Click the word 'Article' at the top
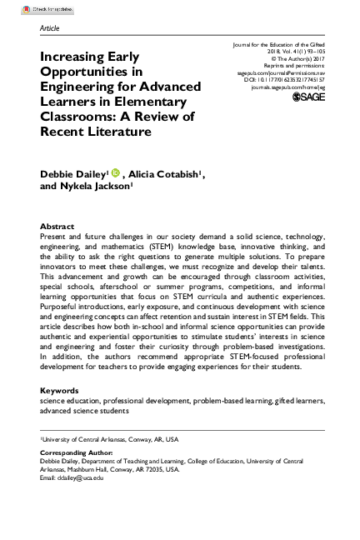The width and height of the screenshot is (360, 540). tap(50, 27)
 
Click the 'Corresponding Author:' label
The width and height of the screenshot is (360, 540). tap(72, 450)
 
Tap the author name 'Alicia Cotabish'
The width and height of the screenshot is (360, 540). tap(162, 174)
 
